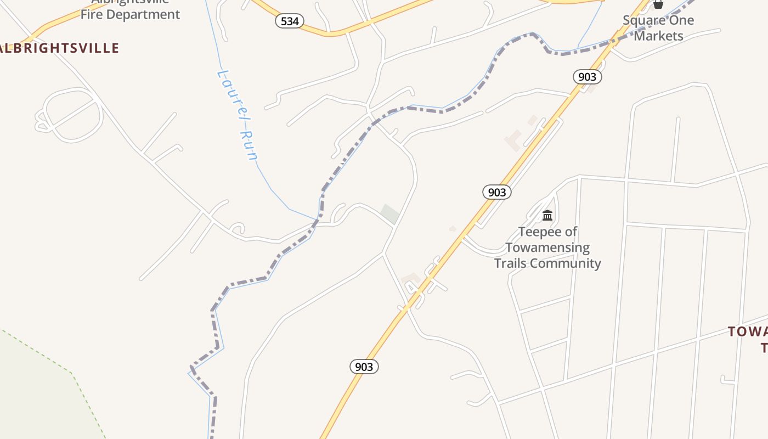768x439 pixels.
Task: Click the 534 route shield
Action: tap(290, 21)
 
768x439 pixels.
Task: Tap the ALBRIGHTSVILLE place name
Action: tap(59, 48)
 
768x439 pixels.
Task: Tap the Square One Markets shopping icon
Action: tap(658, 4)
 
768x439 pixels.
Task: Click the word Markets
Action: tap(658, 36)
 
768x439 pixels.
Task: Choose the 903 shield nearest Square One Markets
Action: tap(587, 77)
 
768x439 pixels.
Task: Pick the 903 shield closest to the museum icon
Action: tap(497, 192)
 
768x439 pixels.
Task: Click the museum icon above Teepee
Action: tap(547, 215)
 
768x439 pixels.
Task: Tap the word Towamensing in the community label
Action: tap(547, 248)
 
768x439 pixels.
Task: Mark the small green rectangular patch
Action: tap(390, 214)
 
